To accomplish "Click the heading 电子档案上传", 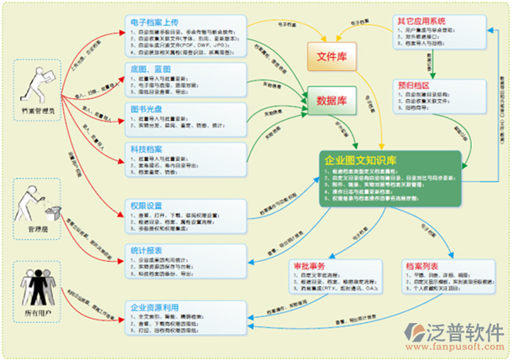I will (160, 21).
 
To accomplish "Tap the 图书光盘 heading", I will (148, 109).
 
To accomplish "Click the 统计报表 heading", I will (148, 251).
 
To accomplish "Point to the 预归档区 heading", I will (414, 84).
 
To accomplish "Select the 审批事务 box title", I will (306, 266).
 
